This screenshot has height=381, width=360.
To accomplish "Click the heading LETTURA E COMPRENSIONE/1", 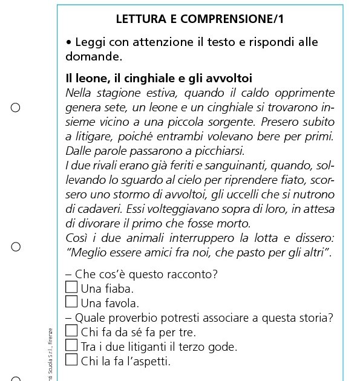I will point(200,19).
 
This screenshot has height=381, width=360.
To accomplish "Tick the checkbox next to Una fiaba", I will point(71,287).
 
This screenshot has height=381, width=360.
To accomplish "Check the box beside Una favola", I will point(71,301).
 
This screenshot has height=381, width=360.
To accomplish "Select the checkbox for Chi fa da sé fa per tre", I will point(71,331).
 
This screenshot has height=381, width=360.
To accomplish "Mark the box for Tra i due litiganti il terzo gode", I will point(71,345).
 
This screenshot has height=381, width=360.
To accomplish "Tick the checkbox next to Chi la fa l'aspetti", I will point(71,360).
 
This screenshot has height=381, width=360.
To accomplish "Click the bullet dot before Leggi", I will point(69,43).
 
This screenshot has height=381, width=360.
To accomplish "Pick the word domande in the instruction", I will point(94,57).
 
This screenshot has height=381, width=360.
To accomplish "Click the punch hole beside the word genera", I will point(16,108).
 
